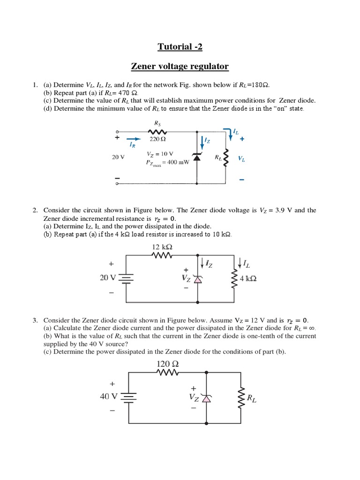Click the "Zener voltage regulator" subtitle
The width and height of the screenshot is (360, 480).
180,66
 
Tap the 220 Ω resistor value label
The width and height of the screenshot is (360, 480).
158,139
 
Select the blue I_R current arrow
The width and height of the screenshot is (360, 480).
134,139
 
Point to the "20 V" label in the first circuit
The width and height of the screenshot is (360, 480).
118,157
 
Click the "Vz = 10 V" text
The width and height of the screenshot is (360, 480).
160,154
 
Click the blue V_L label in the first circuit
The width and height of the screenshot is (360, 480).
241,159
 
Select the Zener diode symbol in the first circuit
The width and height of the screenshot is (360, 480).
197,157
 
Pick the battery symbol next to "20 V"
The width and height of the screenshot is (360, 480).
127,278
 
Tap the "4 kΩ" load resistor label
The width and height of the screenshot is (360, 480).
248,278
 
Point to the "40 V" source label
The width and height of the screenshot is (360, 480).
109,396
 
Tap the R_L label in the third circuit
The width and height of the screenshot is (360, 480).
251,399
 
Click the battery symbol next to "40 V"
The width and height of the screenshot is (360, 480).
128,397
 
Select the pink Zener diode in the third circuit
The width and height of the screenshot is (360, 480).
206,398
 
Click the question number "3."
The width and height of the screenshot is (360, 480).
35,320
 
